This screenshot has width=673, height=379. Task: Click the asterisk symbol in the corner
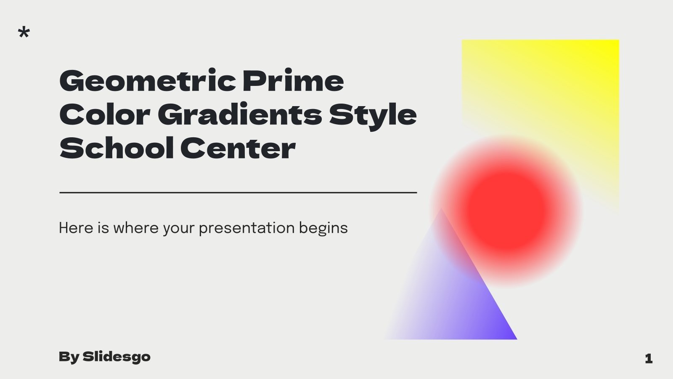24,32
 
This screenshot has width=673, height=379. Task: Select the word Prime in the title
293,80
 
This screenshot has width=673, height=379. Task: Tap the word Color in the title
105,114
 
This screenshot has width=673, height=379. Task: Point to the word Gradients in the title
240,114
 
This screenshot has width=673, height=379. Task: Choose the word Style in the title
373,115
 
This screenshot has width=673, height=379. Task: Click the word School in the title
117,148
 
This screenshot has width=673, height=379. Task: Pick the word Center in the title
238,148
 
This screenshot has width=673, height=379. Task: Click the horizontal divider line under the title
238,192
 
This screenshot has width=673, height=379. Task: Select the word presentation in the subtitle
246,228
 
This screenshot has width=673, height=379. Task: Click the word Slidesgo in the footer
117,357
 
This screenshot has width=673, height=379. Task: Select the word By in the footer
69,357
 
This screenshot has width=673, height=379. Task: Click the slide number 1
648,358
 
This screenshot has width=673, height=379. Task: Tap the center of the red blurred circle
506,211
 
